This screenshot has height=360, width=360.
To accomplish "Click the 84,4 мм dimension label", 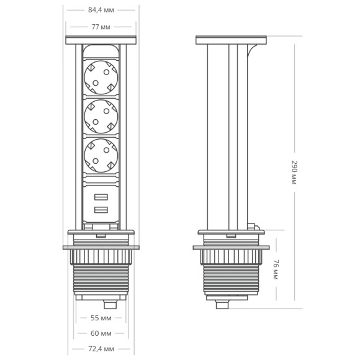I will click(101, 10).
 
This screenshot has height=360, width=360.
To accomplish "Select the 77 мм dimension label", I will click(101, 27).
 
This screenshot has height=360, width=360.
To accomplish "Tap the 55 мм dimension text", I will click(101, 317).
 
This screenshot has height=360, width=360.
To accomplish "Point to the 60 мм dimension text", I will click(101, 333).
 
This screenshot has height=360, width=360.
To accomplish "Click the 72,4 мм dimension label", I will click(101, 349).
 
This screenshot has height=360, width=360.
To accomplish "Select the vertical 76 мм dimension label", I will click(276, 269).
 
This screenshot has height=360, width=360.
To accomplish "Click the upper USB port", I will click(101, 198).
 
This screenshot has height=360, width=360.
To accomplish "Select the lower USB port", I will click(101, 211).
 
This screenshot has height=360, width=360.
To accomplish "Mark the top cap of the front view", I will click(101, 40).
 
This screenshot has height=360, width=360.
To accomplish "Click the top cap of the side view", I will click(231, 40).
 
